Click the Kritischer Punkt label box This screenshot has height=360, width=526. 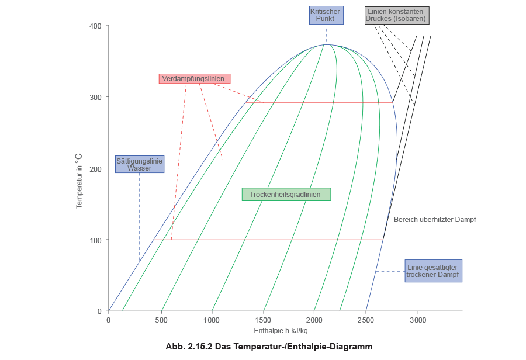(x=326, y=15)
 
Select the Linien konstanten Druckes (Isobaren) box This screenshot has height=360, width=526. (x=397, y=15)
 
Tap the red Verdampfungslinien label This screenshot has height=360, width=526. (x=195, y=79)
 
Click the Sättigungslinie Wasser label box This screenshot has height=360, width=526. (x=140, y=164)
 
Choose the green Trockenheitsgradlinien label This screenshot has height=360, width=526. (x=286, y=195)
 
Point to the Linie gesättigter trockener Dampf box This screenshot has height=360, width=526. (x=433, y=271)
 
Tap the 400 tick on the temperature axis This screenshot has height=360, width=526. (x=96, y=27)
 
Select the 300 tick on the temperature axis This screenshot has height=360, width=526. (x=96, y=98)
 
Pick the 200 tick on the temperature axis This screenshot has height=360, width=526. (x=96, y=169)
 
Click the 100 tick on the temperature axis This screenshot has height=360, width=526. (x=96, y=241)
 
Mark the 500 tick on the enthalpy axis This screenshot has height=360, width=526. (x=160, y=320)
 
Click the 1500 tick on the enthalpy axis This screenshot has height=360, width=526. (x=263, y=320)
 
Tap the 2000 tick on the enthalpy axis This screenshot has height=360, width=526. (x=314, y=320)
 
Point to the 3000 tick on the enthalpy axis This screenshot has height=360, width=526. (x=418, y=320)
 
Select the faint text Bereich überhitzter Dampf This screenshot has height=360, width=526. (x=434, y=220)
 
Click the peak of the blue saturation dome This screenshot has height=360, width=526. (x=326, y=44)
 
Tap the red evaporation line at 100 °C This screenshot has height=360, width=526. (x=269, y=240)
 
